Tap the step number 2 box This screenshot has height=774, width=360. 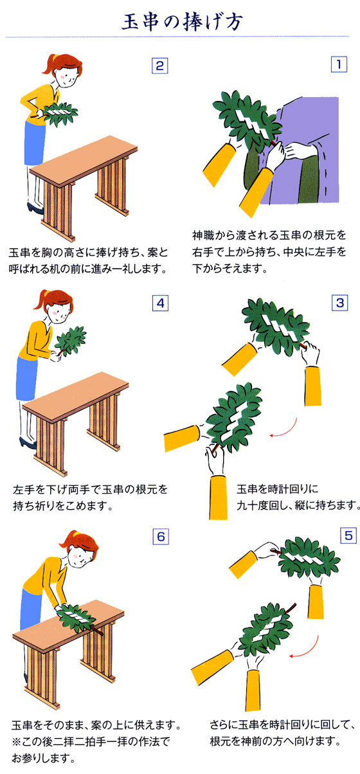click(x=159, y=65)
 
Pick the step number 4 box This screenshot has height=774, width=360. click(x=159, y=303)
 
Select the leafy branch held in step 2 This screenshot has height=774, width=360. click(x=58, y=115)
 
